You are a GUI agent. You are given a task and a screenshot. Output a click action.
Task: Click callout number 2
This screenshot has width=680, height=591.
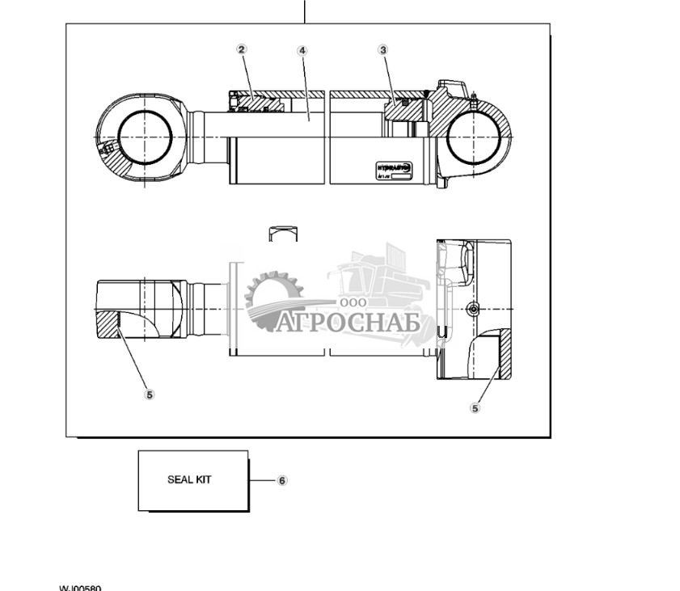click(x=241, y=49)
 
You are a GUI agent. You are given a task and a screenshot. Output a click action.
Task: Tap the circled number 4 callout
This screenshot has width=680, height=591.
click(x=302, y=50)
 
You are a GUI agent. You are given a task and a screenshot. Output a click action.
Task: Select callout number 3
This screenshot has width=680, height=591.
click(x=383, y=50)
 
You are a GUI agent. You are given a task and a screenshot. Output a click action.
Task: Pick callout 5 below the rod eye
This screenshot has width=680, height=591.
click(x=149, y=395)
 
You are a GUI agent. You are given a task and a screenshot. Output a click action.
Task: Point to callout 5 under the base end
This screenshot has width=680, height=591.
click(x=475, y=407)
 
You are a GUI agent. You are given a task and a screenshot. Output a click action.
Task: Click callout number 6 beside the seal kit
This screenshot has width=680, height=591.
click(x=282, y=480)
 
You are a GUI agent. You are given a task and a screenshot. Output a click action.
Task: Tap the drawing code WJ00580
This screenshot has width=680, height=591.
click(x=80, y=588)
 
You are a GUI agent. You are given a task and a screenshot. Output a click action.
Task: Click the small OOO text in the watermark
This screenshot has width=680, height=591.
click(x=353, y=302)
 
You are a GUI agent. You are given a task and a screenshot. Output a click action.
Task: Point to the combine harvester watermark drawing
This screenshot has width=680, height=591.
click(x=380, y=279)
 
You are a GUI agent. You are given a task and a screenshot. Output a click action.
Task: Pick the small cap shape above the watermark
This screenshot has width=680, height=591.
click(x=283, y=233)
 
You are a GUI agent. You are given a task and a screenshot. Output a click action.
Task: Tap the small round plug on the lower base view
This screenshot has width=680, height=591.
click(x=474, y=310)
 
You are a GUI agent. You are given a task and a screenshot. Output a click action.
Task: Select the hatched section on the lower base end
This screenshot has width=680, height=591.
click(x=496, y=352)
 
